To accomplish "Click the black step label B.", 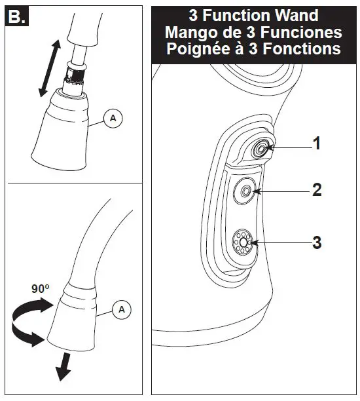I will click(x=16, y=17).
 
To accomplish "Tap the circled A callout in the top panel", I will click(x=113, y=118).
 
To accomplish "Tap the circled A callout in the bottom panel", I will click(x=120, y=309).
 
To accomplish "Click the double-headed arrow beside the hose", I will click(x=49, y=68).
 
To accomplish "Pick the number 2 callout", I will click(x=316, y=190).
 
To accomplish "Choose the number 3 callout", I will click(x=316, y=242).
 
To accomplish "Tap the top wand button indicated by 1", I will click(x=260, y=149).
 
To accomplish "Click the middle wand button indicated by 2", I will click(x=246, y=191).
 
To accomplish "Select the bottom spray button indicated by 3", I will click(x=243, y=242).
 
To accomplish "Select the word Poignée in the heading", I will click(x=194, y=48).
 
